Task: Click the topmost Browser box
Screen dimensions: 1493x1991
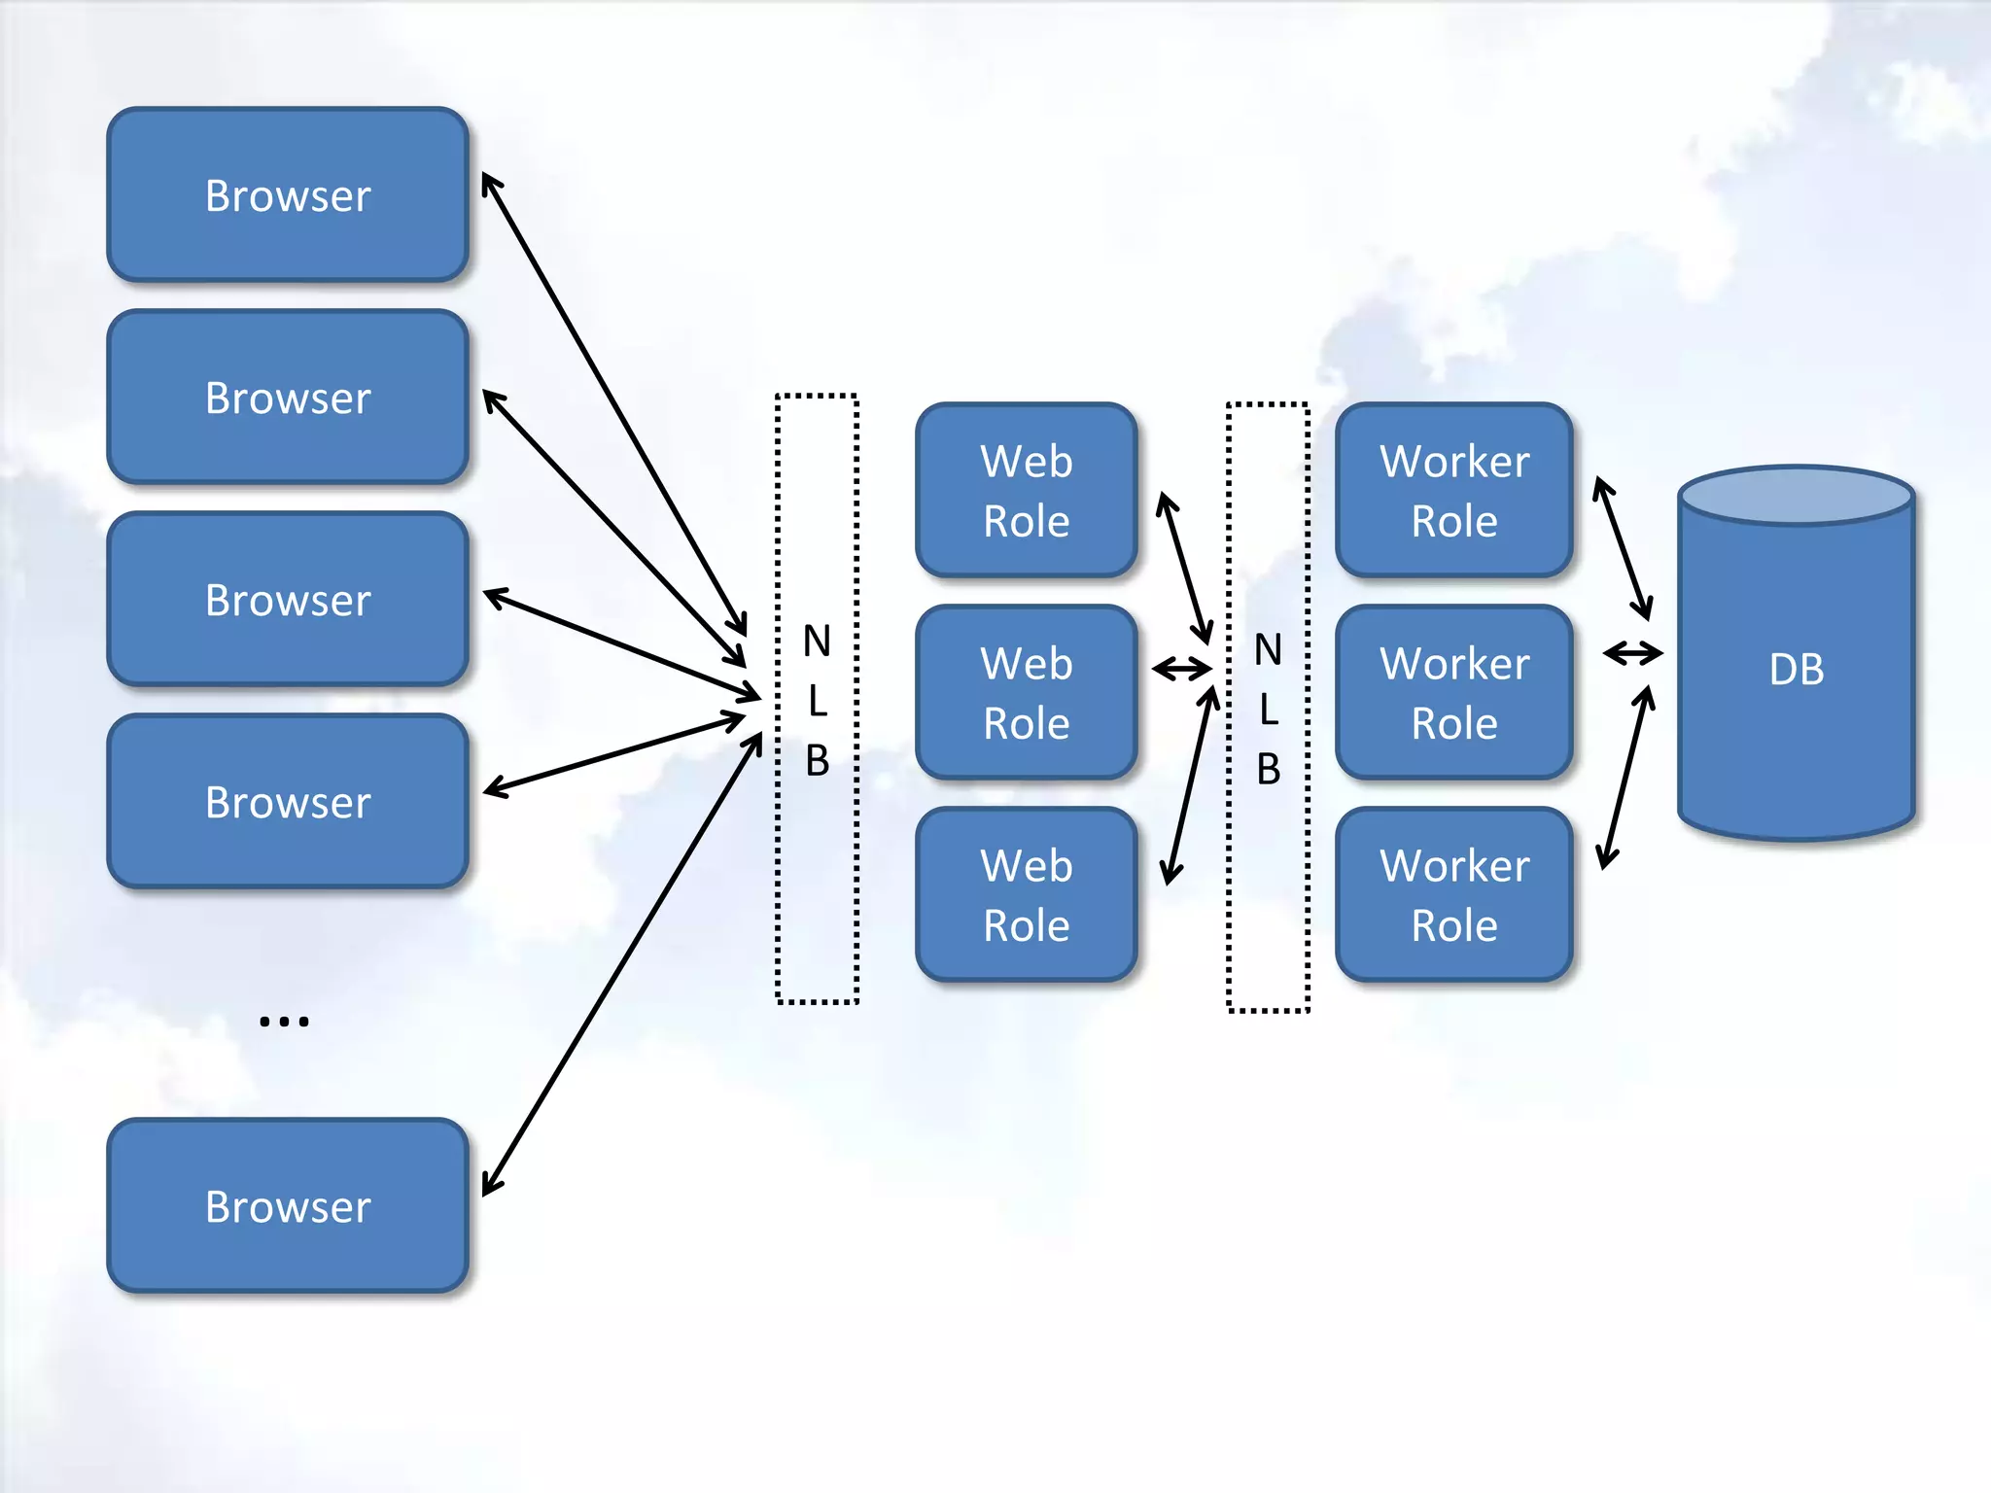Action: click(288, 195)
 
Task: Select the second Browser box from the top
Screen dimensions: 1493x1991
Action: click(288, 398)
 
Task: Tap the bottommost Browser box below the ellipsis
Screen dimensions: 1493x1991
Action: click(288, 1206)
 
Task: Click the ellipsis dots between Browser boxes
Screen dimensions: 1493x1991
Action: click(284, 1021)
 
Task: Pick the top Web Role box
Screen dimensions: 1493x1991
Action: click(1027, 490)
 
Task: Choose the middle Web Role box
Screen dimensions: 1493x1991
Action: click(1027, 692)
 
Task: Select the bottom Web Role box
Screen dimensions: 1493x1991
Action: click(1027, 894)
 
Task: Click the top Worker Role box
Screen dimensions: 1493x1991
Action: click(1454, 490)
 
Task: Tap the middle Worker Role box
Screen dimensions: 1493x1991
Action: click(1454, 692)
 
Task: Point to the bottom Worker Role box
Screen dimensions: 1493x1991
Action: click(1454, 894)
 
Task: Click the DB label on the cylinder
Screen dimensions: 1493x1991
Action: click(1797, 670)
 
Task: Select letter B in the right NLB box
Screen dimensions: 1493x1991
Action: click(1268, 769)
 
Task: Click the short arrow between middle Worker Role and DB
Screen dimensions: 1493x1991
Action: click(1633, 653)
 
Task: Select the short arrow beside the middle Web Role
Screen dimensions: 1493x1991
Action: click(1182, 669)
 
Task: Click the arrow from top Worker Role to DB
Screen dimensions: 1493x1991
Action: click(1623, 548)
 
